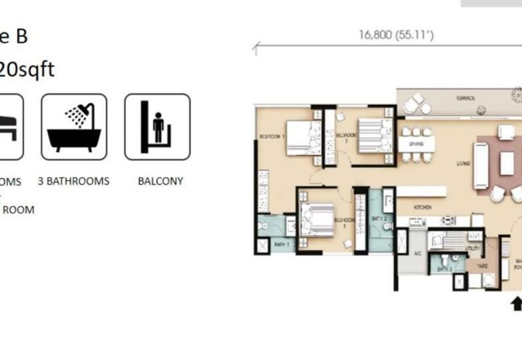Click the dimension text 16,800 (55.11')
(395, 35)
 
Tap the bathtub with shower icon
(74, 127)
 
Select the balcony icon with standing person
(157, 127)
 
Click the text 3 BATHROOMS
(73, 181)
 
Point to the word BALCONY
(161, 181)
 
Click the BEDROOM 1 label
(269, 137)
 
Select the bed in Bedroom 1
(304, 137)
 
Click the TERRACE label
(466, 97)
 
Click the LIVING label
(464, 163)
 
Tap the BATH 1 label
(281, 244)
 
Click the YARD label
(483, 266)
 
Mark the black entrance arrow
(517, 303)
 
